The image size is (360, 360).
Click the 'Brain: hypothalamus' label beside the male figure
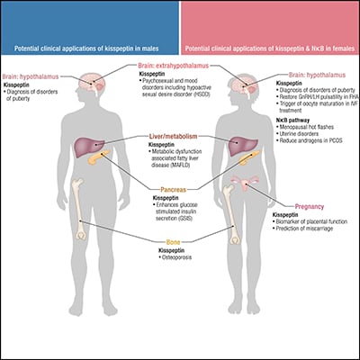(36, 77)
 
